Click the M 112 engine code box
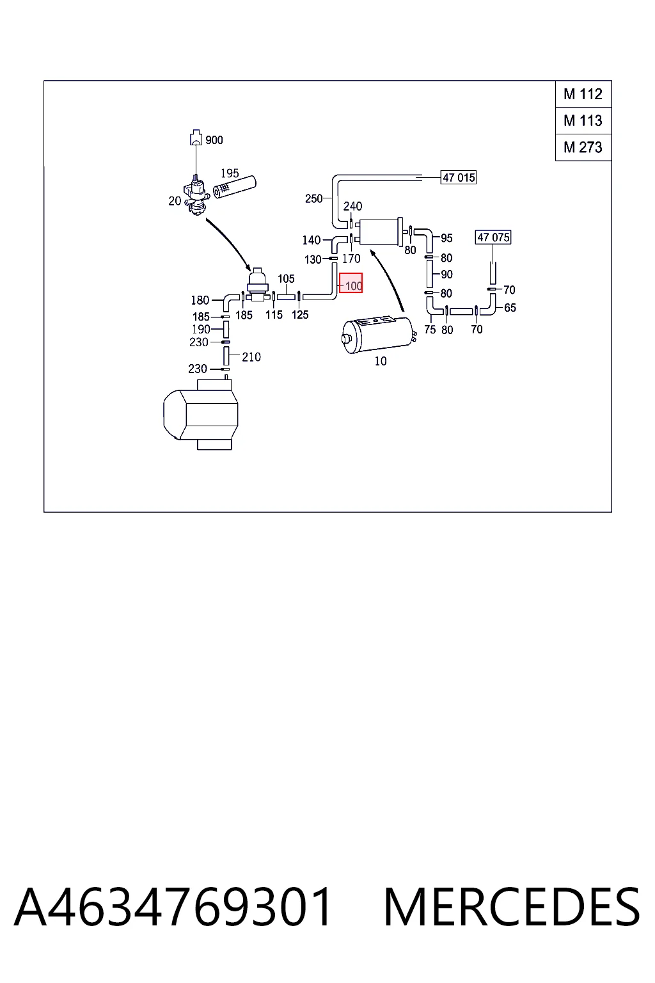pyautogui.click(x=583, y=94)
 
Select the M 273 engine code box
pyautogui.click(x=583, y=147)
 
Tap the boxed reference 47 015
pyautogui.click(x=459, y=177)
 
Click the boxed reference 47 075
pyautogui.click(x=493, y=237)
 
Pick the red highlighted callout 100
pyautogui.click(x=351, y=283)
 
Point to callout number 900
pyautogui.click(x=214, y=140)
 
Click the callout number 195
pyautogui.click(x=230, y=173)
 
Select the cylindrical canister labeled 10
pyautogui.click(x=378, y=335)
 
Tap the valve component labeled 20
pyautogui.click(x=196, y=195)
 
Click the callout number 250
pyautogui.click(x=313, y=199)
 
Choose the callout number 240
pyautogui.click(x=352, y=206)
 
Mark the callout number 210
pyautogui.click(x=251, y=357)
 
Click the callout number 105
pyautogui.click(x=286, y=278)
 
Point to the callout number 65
pyautogui.click(x=510, y=308)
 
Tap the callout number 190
pyautogui.click(x=201, y=329)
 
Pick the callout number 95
pyautogui.click(x=446, y=238)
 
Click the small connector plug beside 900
pyautogui.click(x=196, y=138)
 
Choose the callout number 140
pyautogui.click(x=312, y=240)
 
